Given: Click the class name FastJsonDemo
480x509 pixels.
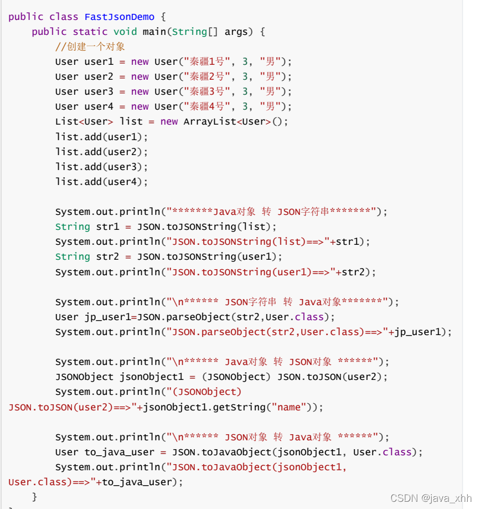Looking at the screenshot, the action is [120, 17].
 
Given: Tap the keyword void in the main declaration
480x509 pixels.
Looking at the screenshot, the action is [125, 32].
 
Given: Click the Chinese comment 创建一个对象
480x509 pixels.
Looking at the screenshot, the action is [94, 47].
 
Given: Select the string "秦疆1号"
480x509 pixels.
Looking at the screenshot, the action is [207, 61].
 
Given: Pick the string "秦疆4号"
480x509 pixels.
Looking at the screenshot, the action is [207, 106].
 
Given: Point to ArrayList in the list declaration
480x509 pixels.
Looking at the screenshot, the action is [210, 121].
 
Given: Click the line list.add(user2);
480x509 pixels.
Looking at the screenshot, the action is [102, 151].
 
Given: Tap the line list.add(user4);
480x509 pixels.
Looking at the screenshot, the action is [102, 181].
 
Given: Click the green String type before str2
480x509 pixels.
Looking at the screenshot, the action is [73, 256].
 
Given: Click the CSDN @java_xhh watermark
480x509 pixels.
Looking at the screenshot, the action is [431, 498].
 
